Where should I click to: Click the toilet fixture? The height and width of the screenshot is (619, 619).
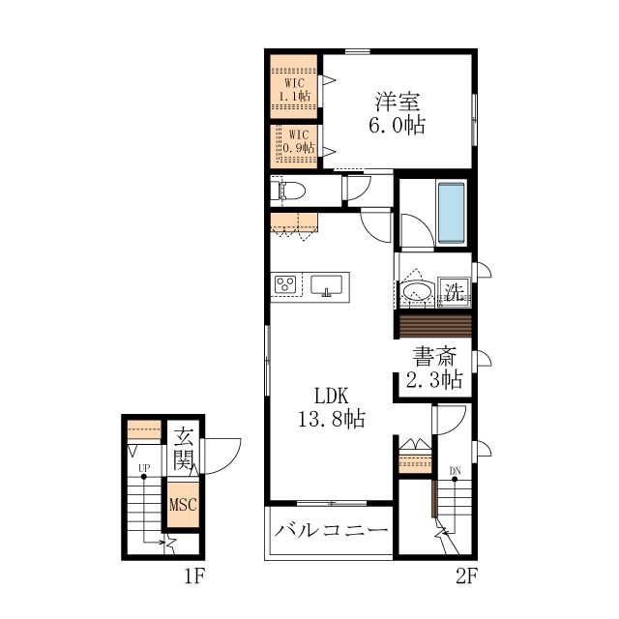pos(291,191)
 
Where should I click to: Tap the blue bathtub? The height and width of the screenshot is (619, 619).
pos(451,213)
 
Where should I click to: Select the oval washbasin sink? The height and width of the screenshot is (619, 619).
pos(417,292)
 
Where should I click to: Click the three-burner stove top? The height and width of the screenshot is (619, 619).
pos(285,283)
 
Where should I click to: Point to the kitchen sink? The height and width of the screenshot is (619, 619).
pos(326,285)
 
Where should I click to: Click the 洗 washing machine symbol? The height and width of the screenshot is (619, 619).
pos(454,292)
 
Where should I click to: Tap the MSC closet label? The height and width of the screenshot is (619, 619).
pos(183,505)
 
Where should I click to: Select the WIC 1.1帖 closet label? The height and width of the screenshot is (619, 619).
pos(294,90)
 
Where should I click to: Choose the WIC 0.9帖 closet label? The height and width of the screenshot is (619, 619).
pos(299,141)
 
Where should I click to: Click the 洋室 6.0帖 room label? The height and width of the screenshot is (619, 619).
pos(398,113)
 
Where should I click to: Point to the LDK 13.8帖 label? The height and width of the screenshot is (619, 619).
pos(331,407)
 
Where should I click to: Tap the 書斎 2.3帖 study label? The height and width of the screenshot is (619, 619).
pos(434,368)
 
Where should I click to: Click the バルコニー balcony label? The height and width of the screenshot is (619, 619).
pos(331,530)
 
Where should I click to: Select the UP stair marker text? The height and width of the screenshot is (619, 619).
pos(144,468)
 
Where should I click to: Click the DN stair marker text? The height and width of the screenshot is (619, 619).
pos(455,471)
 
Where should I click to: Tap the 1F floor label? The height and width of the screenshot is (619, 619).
pos(193,576)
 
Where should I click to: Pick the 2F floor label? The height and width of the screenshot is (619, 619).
pos(466,576)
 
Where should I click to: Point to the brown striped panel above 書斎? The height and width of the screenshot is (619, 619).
pos(435,326)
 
